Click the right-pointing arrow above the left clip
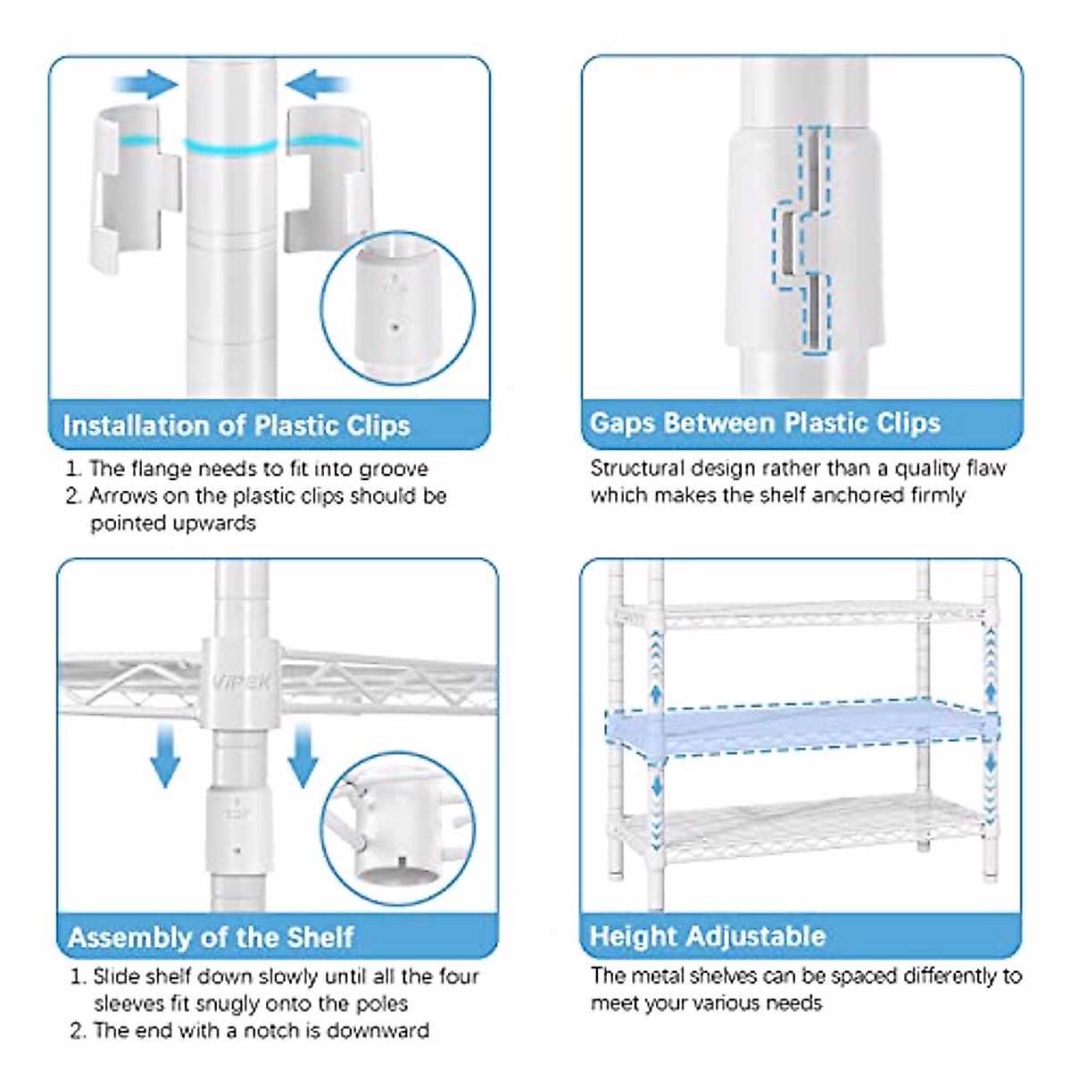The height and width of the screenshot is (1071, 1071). (x=145, y=85)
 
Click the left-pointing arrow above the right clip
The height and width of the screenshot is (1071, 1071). (x=318, y=85)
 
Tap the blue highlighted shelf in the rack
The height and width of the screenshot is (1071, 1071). (x=801, y=729)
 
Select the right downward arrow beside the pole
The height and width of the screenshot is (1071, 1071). (x=303, y=755)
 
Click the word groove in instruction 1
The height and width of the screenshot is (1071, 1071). (x=394, y=469)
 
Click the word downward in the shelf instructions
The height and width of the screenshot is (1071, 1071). (x=378, y=1031)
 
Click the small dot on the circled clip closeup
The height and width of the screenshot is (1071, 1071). (x=394, y=328)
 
